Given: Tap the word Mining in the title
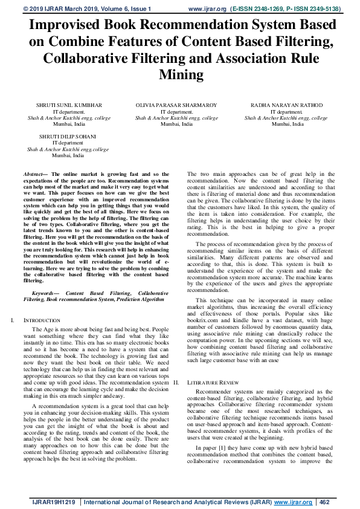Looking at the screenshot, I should (x=180, y=74).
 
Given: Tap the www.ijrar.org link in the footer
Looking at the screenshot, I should (x=294, y=501).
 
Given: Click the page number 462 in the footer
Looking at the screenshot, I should (x=325, y=501).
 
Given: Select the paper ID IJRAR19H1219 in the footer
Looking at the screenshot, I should (x=54, y=501).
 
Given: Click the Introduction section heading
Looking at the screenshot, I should (x=42, y=320).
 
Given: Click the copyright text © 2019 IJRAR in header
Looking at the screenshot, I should (x=43, y=9).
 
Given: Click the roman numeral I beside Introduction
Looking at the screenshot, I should (x=13, y=320).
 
